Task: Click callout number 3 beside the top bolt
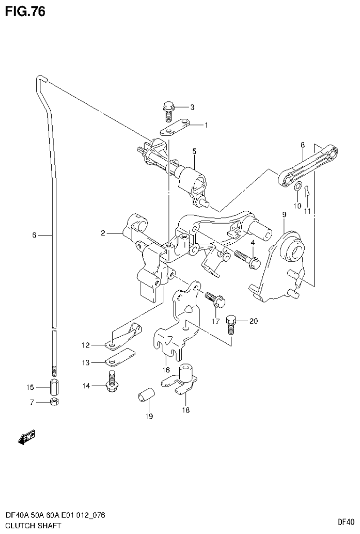pos(192,107)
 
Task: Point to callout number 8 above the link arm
pos(303,146)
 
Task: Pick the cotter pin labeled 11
pos(307,191)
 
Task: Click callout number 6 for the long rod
pos(34,235)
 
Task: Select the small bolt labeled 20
pos(231,325)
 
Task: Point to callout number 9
pos(284,215)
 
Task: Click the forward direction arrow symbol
pos(26,437)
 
